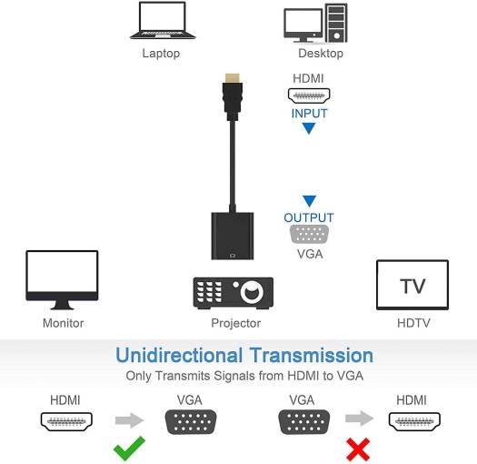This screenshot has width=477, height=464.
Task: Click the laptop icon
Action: pyautogui.click(x=161, y=21)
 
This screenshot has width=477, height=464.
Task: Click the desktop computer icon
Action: pyautogui.click(x=315, y=24)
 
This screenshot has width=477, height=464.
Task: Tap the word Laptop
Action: pyautogui.click(x=161, y=54)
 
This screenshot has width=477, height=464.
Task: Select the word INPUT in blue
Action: pyautogui.click(x=309, y=114)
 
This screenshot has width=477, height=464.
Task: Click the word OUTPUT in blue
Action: pyautogui.click(x=309, y=217)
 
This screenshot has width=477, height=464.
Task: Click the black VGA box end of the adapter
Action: pyautogui.click(x=234, y=237)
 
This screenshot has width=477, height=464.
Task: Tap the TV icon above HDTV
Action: pyautogui.click(x=412, y=285)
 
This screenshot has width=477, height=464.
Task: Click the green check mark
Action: pyautogui.click(x=129, y=449)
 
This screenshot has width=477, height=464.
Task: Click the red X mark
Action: pyautogui.click(x=359, y=449)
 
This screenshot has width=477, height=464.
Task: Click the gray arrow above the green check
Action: pyautogui.click(x=130, y=420)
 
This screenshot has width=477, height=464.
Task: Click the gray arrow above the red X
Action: pyautogui.click(x=359, y=419)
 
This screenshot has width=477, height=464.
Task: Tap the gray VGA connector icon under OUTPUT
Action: pyautogui.click(x=309, y=234)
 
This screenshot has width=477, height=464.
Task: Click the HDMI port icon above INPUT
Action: pyautogui.click(x=309, y=95)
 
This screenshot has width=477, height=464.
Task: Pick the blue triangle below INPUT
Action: pyautogui.click(x=309, y=129)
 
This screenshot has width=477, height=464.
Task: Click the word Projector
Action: pyautogui.click(x=236, y=323)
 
